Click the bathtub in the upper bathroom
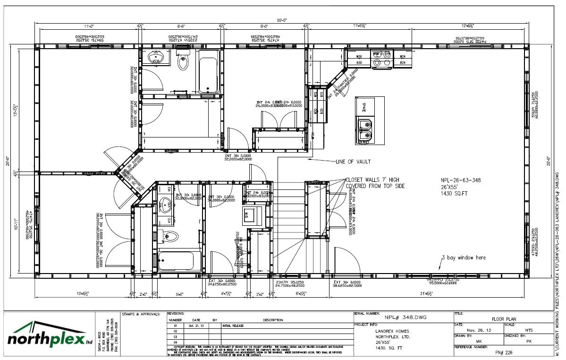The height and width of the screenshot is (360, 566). click(x=209, y=71)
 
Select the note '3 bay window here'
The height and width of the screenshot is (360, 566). click(x=464, y=257)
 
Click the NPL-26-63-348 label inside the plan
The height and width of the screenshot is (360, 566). click(x=460, y=180)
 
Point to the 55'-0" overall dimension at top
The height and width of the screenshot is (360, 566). click(x=282, y=20)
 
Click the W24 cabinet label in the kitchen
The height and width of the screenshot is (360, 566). click(x=403, y=56)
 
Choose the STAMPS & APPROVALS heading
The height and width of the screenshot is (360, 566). click(x=141, y=314)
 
